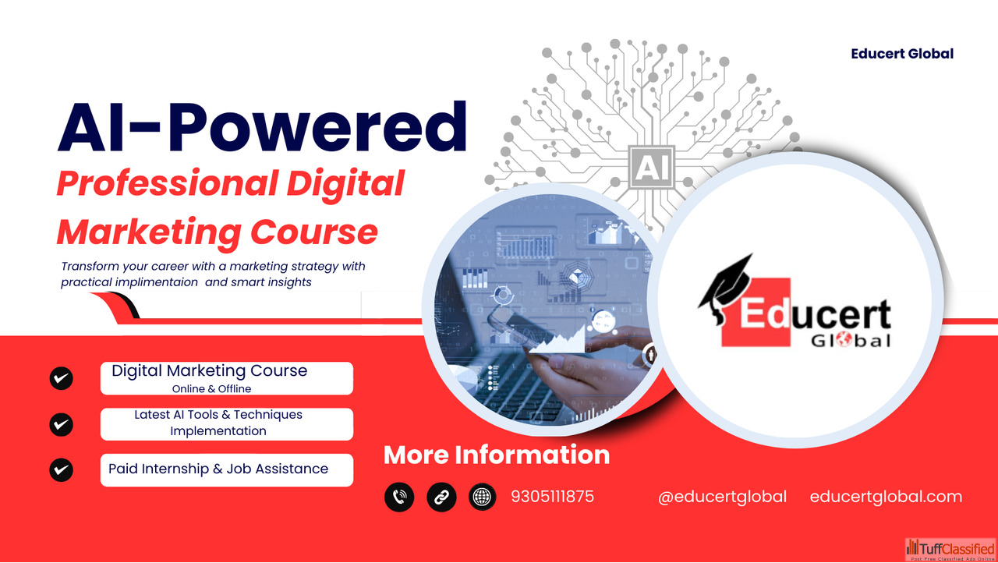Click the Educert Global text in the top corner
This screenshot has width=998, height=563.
pos(902,54)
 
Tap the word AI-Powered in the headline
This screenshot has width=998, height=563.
pos(263,127)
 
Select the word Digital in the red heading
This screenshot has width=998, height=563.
pos(345,184)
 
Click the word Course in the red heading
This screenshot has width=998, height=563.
pos(314,232)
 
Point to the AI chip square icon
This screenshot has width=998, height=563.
pos(651,168)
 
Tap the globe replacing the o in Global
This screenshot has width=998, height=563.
pos(844,340)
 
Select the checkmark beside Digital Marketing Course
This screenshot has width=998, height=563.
pos(61,379)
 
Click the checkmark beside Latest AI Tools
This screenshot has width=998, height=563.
pos(61,424)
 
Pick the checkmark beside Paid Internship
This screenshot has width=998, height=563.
pos(61,470)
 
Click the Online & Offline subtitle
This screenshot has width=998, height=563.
pos(211,389)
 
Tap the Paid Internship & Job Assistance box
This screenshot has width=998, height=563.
pos(227,470)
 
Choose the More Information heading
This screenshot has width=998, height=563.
pos(497,455)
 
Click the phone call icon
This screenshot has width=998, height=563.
pos(399,497)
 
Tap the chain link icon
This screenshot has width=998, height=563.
pos(441,497)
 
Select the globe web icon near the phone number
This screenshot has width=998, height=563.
pos(482,497)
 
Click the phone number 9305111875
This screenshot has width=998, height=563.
pos(553,497)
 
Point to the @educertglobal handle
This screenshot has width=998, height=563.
pos(722,497)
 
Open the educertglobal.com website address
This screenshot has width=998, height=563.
pos(886,497)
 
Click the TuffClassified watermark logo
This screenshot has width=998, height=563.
pos(950,549)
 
